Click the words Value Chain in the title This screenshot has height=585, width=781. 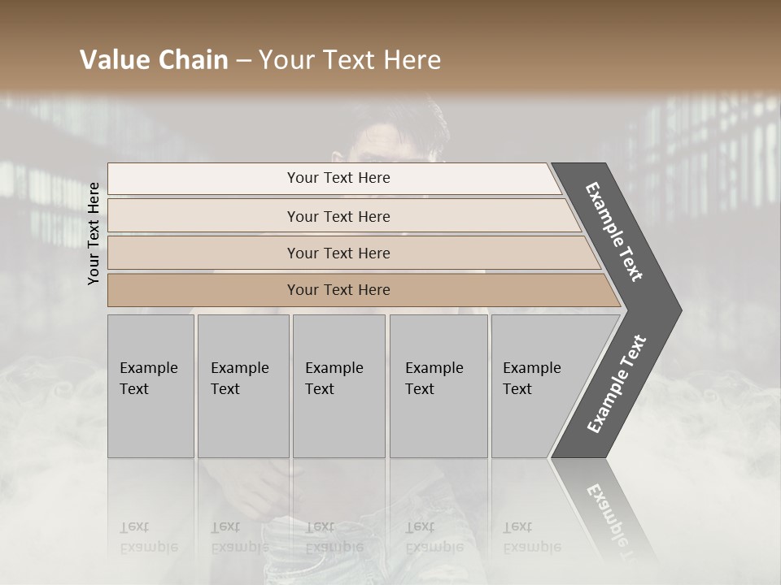(154, 60)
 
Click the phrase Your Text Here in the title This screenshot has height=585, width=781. (350, 60)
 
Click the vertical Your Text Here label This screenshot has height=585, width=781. (94, 233)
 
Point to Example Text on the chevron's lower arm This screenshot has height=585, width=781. (617, 384)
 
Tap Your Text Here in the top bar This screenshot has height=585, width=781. (338, 178)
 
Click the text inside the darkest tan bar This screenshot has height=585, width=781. (338, 290)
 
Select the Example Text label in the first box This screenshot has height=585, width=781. (148, 379)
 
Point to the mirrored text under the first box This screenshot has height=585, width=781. (148, 537)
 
